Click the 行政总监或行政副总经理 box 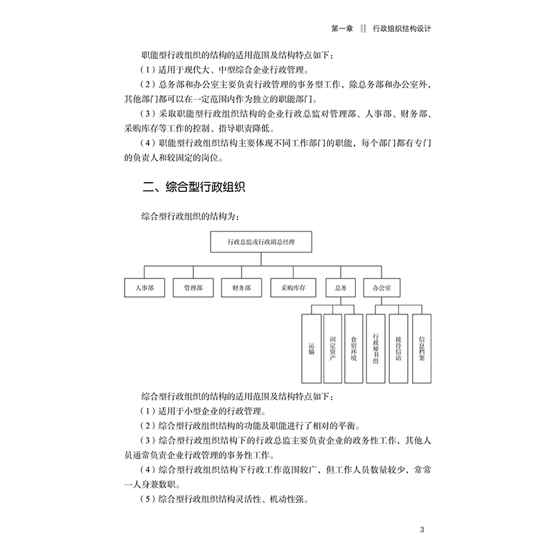pos(260,242)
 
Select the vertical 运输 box pos(311,348)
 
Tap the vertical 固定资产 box pos(333,348)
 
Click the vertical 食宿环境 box pos(354,348)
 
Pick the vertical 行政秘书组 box pos(376,348)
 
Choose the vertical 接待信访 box pos(398,348)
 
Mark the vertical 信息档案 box pos(422,348)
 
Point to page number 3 pos(422,531)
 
